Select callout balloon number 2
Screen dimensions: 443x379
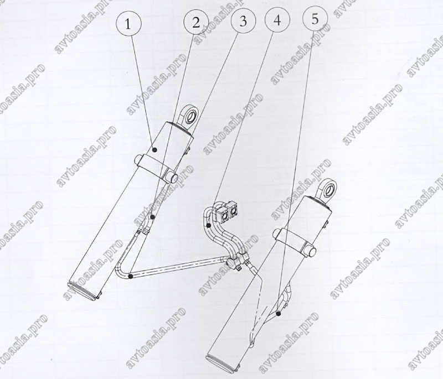[196, 22]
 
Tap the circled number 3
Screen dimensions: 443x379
[243, 21]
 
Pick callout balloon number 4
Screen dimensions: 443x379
[277, 20]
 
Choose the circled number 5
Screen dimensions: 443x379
[315, 19]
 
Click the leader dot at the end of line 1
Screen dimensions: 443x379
[154, 149]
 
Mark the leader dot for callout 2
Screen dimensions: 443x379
[153, 217]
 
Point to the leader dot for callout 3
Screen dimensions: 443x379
[130, 276]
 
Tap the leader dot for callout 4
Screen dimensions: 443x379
[208, 225]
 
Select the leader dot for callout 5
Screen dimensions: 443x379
[279, 313]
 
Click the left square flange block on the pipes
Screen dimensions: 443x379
[223, 215]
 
